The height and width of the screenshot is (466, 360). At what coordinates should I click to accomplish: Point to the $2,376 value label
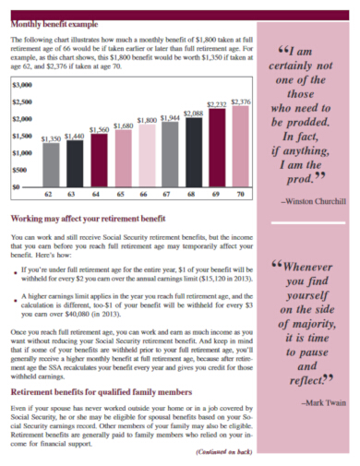click(x=241, y=102)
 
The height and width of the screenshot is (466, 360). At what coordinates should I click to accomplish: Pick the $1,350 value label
click(x=51, y=138)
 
